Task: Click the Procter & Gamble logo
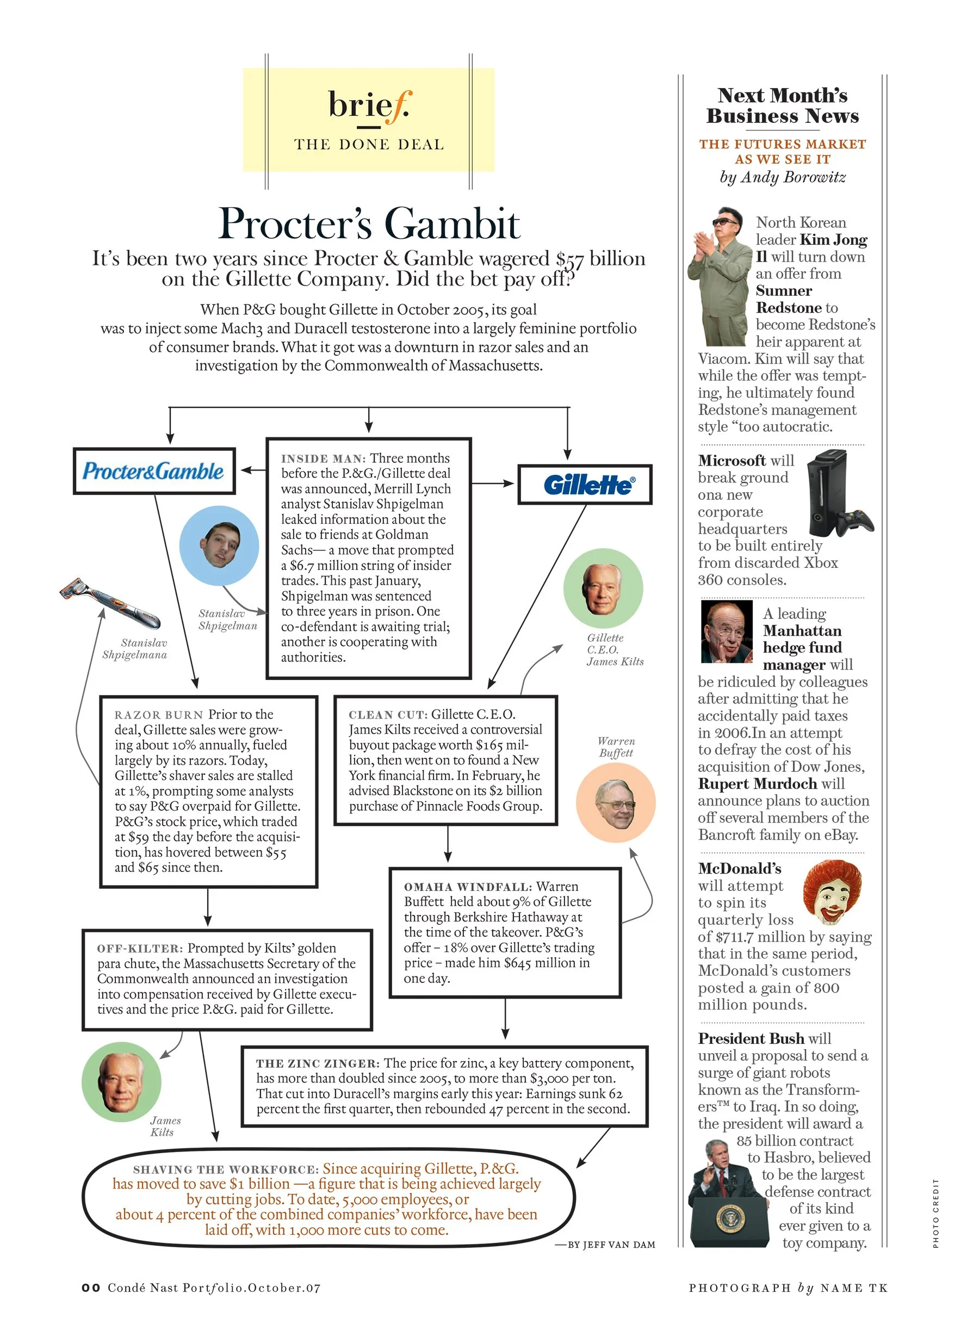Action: (153, 471)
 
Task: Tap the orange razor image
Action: (110, 603)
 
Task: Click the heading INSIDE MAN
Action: (323, 459)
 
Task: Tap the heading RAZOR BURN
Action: (158, 715)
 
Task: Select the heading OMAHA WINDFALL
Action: (468, 887)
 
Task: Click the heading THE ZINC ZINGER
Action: (317, 1064)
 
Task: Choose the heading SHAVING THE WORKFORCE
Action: (226, 1169)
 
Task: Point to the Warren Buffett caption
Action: (616, 747)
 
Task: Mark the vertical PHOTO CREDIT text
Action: (935, 1213)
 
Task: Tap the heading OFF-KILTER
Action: (139, 949)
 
